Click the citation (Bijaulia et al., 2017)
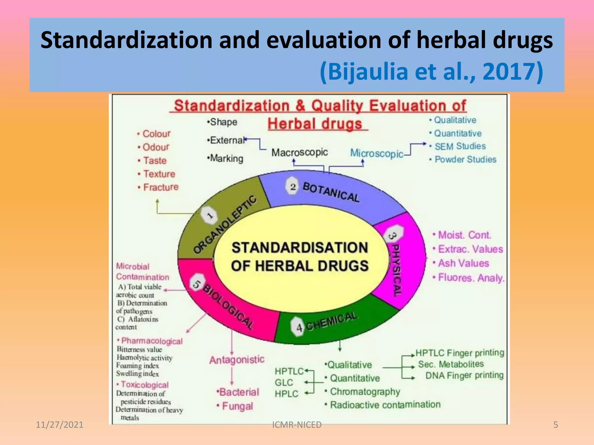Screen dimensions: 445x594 pos(431,72)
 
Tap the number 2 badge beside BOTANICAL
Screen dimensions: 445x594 pos(293,187)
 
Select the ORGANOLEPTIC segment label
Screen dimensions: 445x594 pos(225,224)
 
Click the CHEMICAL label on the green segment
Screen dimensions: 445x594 pos(332,321)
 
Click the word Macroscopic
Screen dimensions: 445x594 pos(299,152)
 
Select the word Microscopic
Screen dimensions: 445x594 pos(376,153)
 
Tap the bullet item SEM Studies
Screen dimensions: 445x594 pos(460,146)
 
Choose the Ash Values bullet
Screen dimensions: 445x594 pos(463,263)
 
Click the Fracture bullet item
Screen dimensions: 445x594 pos(161,187)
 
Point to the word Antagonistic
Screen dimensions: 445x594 pos(237,360)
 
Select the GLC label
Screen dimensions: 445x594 pos(284,382)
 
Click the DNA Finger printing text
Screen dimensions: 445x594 pos(464,375)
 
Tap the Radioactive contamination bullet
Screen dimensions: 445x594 pos(385,405)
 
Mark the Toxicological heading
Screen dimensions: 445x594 pos(144,385)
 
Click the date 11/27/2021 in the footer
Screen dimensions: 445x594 pos(59,425)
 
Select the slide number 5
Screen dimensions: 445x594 pos(555,425)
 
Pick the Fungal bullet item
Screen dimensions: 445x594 pos(237,406)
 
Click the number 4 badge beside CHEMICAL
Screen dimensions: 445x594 pos(299,327)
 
